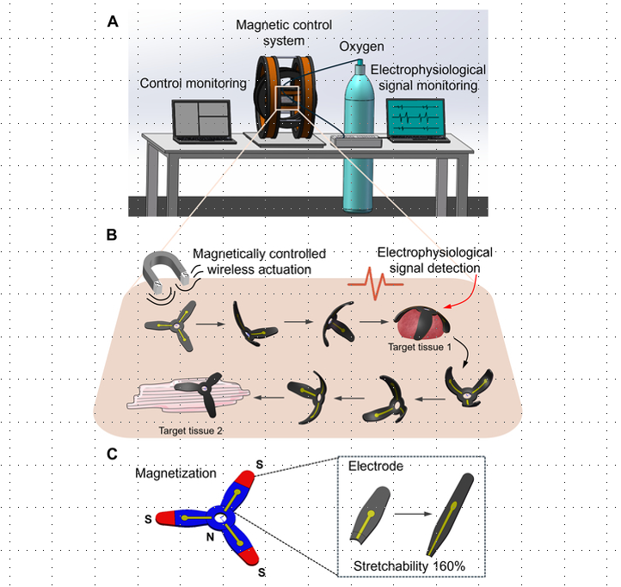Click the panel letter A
[112, 22]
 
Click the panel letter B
[112, 234]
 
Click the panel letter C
[112, 452]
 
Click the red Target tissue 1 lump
[421, 326]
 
